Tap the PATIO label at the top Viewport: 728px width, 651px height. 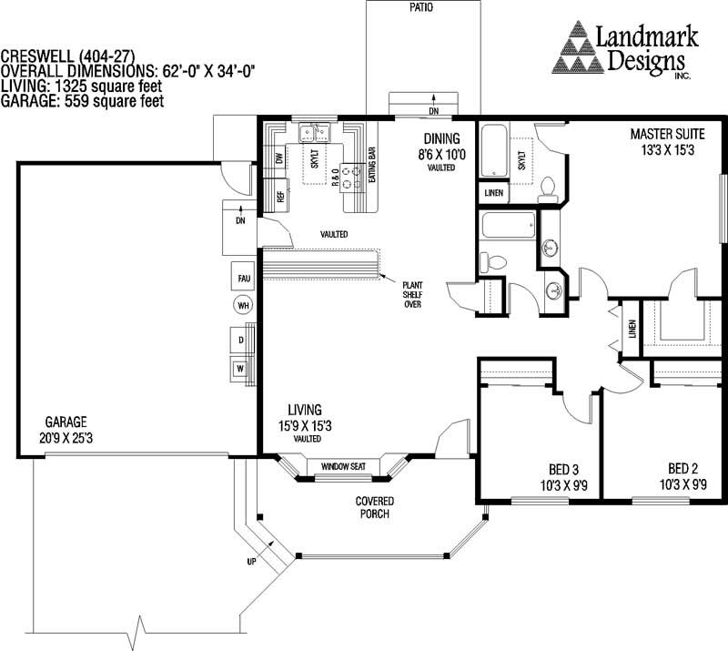tap(420, 7)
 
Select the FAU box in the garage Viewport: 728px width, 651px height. tap(243, 278)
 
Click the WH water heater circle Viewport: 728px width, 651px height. tap(243, 306)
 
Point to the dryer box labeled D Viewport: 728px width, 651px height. tap(241, 340)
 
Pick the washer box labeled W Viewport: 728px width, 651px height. tap(241, 369)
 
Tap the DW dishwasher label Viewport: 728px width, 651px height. tap(279, 158)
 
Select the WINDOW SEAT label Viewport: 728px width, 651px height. tap(343, 467)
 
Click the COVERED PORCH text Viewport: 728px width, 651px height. tap(374, 507)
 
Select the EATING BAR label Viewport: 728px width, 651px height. tap(372, 165)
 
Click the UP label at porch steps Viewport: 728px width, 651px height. tap(251, 562)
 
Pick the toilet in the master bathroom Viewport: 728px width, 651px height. tap(548, 188)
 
